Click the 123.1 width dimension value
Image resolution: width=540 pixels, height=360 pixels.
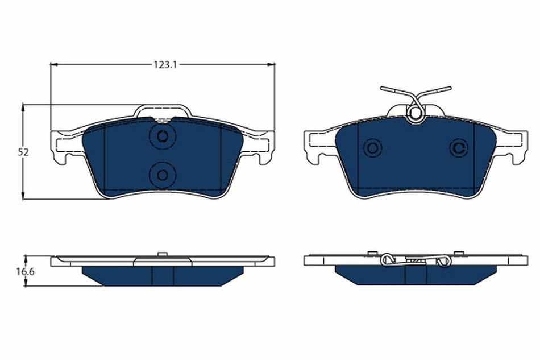pyautogui.click(x=165, y=65)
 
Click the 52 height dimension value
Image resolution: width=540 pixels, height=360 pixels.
pyautogui.click(x=23, y=152)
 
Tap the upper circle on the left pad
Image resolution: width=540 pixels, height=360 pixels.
pyautogui.click(x=163, y=136)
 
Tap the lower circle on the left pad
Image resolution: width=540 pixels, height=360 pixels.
pyautogui.click(x=163, y=174)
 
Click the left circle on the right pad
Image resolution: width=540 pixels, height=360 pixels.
pyautogui.click(x=373, y=148)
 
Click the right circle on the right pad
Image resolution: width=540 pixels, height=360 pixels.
pyautogui.click(x=458, y=148)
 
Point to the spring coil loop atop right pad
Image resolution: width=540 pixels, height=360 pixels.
pyautogui.click(x=416, y=114)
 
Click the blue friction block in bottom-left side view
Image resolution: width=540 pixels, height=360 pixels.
pyautogui.click(x=162, y=276)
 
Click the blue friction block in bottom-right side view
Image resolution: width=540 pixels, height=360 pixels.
pyautogui.click(x=415, y=276)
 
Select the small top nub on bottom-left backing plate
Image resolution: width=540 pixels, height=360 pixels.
pyautogui.click(x=162, y=254)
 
